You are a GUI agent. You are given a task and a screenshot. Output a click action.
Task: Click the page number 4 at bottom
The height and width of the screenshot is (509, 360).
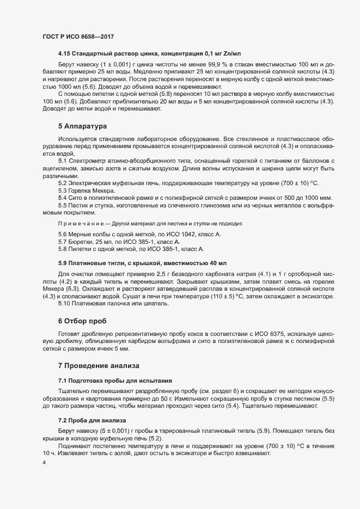(44, 463)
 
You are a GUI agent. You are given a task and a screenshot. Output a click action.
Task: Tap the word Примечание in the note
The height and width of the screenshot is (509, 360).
(77, 224)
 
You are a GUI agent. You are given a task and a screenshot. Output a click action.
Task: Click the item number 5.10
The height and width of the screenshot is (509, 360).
(64, 303)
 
